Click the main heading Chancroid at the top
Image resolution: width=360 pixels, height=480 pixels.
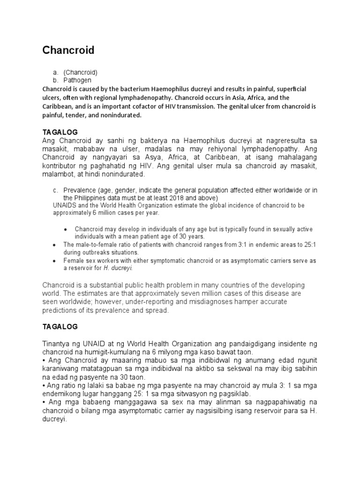pos(68,50)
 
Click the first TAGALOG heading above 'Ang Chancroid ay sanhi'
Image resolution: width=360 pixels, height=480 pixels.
pos(60,132)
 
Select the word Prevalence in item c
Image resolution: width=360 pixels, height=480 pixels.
pos(79,190)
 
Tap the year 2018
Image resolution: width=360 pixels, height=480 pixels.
pos(181,198)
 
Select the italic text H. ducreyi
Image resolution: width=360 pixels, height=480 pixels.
pos(120,268)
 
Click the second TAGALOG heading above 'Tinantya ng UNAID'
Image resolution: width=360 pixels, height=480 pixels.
pos(60,326)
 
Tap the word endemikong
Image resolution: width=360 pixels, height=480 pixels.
pos(62,394)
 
